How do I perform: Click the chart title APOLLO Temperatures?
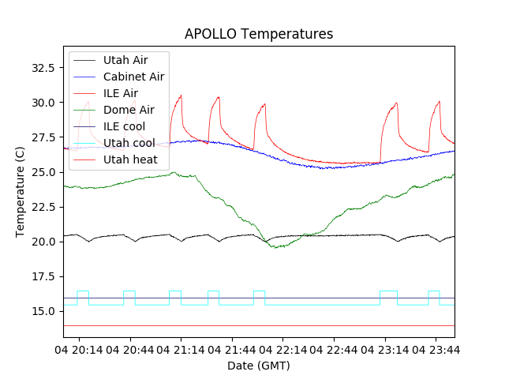pyautogui.click(x=259, y=34)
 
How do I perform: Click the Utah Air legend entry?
pyautogui.click(x=125, y=60)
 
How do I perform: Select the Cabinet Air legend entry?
pyautogui.click(x=133, y=77)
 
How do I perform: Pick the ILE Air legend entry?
pyautogui.click(x=120, y=93)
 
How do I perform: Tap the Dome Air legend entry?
pyautogui.click(x=129, y=110)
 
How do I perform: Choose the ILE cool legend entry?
pyautogui.click(x=124, y=126)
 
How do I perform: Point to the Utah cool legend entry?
pyautogui.click(x=129, y=143)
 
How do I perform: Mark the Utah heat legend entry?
pyautogui.click(x=130, y=159)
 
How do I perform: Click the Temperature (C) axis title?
pyautogui.click(x=21, y=191)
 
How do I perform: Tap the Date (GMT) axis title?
pyautogui.click(x=259, y=366)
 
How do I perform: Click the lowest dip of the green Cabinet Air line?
pyautogui.click(x=275, y=248)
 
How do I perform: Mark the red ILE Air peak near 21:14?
pyautogui.click(x=181, y=96)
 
